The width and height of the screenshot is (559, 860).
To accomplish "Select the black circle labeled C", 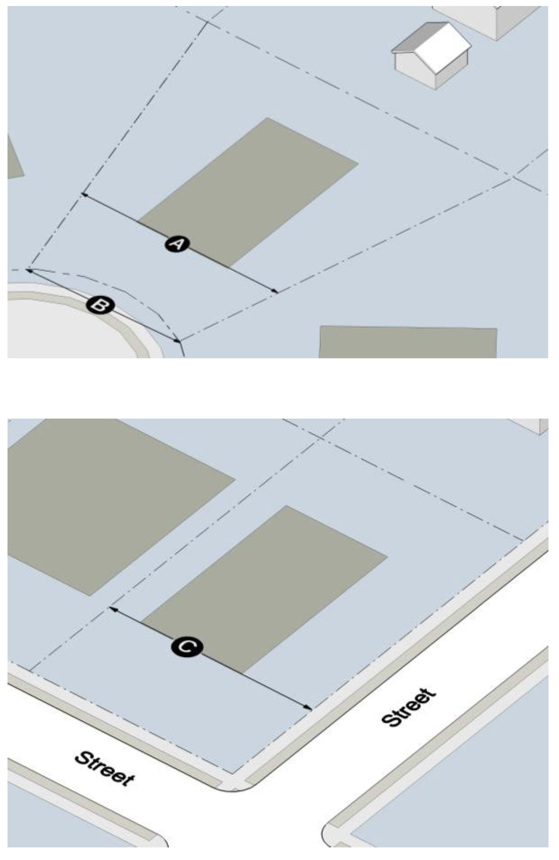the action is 187,646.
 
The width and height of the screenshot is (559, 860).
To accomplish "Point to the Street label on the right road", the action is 408,707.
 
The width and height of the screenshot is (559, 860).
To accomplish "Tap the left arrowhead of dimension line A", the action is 85,195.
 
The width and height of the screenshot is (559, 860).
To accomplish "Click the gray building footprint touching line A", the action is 248,192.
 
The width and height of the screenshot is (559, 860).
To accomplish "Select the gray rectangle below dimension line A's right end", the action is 408,342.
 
